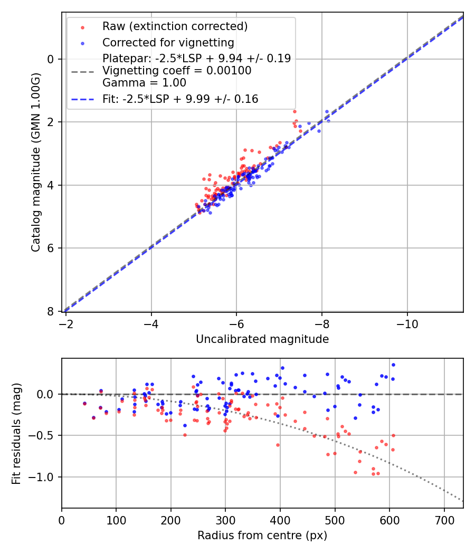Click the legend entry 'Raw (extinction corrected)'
[175, 26]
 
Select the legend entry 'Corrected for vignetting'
[168, 42]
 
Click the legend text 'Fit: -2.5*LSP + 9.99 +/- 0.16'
[180, 99]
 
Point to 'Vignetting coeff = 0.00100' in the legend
[177, 71]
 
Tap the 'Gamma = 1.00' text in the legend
[144, 83]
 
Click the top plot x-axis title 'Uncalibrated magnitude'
[262, 339]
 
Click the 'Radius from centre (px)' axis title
[262, 536]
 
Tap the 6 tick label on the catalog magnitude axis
[51, 249]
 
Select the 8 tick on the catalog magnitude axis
[51, 312]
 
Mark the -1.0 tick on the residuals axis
[44, 477]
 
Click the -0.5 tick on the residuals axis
[44, 436]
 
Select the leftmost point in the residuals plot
[84, 404]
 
